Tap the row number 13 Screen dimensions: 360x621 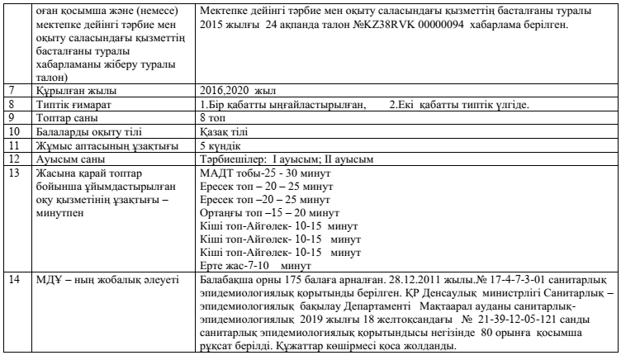(12, 173)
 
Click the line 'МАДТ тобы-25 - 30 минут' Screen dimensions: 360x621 (265, 173)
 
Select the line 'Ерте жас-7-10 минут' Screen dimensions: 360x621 (249, 266)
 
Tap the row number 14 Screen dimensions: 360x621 (12, 280)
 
